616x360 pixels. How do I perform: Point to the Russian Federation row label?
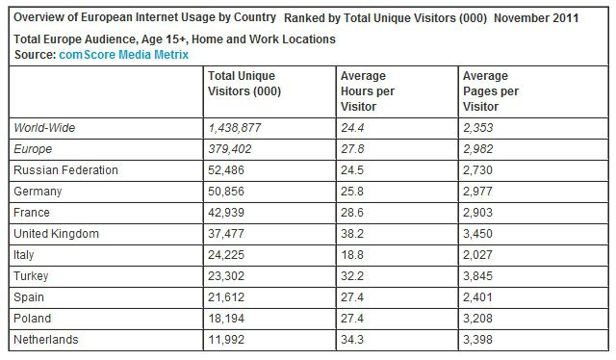pos(65,169)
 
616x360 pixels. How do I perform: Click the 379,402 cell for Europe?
pos(232,148)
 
